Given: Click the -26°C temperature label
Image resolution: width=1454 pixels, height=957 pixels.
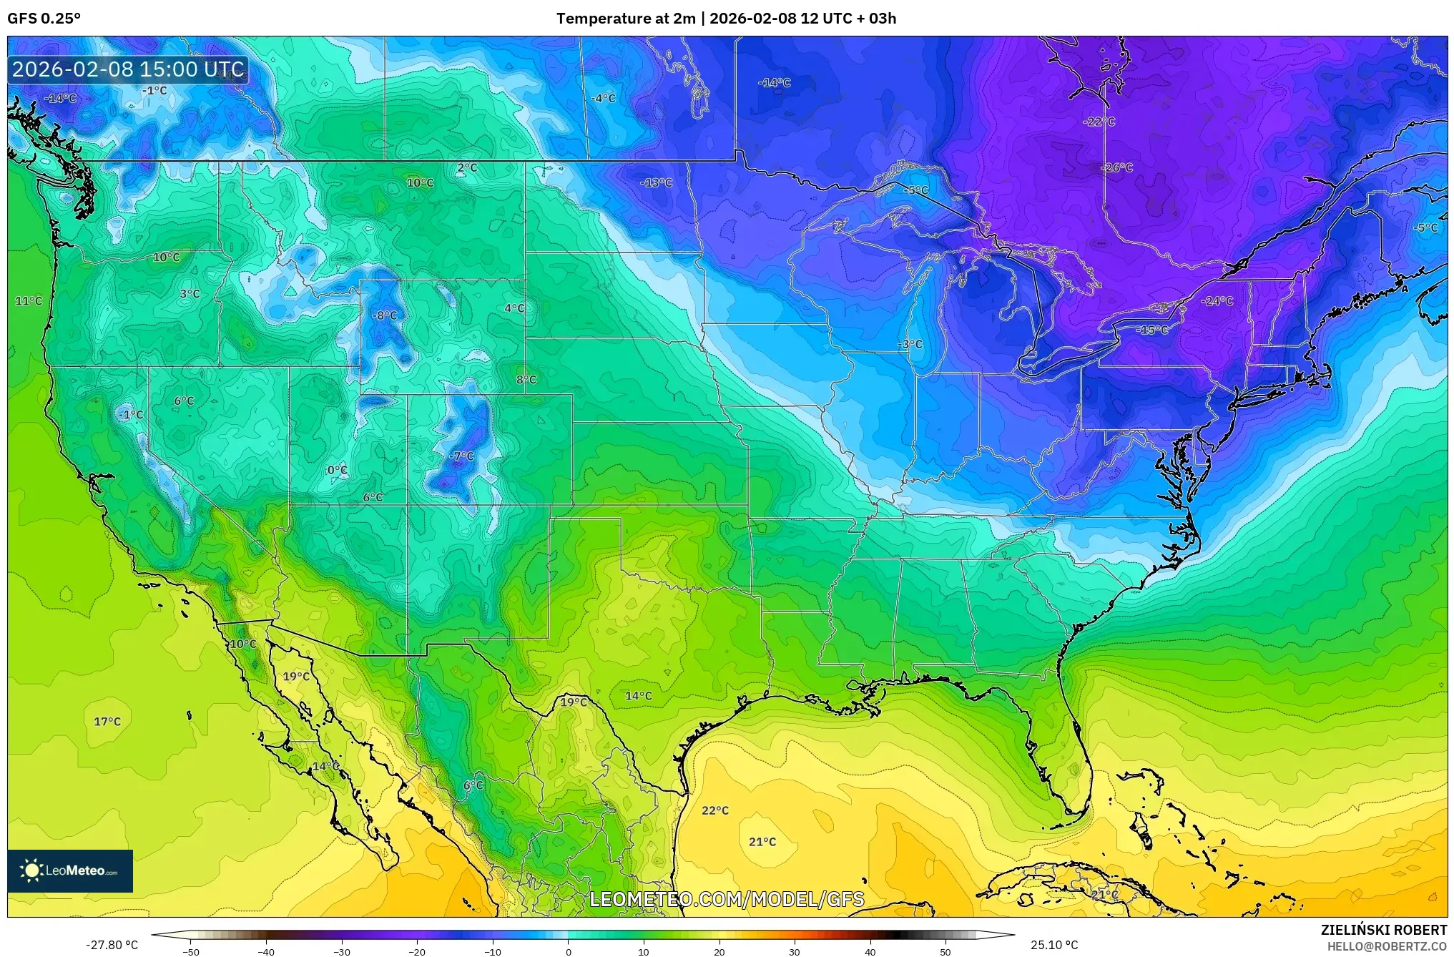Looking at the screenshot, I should [1116, 168].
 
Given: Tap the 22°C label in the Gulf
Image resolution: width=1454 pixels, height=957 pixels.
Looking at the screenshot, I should [714, 810].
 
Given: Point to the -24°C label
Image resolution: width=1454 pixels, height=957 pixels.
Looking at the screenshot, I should [1217, 301].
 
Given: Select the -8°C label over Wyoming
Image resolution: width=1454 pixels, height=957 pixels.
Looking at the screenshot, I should [384, 315].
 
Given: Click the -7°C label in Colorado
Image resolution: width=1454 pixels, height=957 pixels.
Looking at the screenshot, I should [461, 456].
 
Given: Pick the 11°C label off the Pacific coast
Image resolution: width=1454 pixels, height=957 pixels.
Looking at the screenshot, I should [29, 301].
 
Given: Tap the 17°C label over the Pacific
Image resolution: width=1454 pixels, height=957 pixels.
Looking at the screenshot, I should [107, 722].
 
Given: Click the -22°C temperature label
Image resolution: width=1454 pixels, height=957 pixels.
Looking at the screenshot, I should [1099, 122].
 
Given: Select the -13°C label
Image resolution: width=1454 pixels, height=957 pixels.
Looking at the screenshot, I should [656, 183].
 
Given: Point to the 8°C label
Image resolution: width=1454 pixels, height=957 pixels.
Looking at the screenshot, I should [526, 380].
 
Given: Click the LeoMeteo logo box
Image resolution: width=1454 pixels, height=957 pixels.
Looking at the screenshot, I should [70, 870].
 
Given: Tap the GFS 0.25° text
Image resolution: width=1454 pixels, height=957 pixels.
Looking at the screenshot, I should [44, 19].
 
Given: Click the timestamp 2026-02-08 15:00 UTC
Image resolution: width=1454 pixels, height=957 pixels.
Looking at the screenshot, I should [128, 69].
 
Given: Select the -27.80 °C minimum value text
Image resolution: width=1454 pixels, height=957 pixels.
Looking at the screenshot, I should [112, 945].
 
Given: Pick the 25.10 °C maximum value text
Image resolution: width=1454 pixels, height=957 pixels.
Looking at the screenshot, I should [1053, 945].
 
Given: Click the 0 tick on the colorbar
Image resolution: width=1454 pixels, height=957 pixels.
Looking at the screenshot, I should [569, 951].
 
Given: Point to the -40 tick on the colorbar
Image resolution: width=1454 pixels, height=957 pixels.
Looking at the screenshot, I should [266, 951].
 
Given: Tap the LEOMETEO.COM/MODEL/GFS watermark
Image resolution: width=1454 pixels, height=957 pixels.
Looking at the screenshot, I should [727, 899].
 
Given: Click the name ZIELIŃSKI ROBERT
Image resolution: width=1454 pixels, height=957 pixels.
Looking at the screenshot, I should [1383, 930].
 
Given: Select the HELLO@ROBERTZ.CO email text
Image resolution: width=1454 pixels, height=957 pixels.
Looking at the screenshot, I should [1387, 946].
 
